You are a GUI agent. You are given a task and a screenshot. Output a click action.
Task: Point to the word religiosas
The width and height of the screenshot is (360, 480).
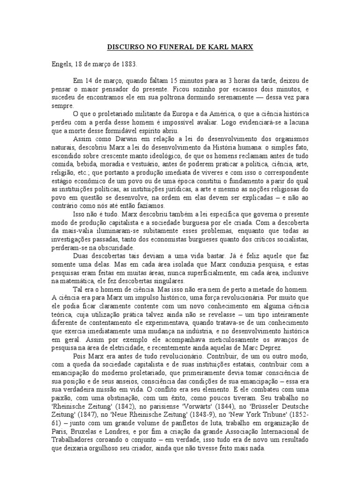click(x=288, y=190)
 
